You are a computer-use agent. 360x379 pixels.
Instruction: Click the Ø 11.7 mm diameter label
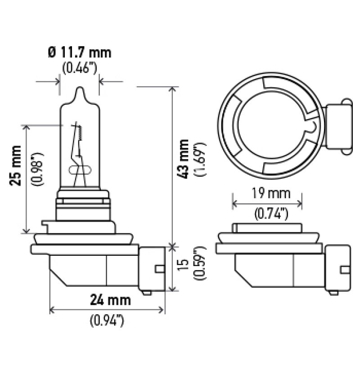tap(79, 53)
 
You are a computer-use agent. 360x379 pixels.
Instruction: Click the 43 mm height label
tap(184, 160)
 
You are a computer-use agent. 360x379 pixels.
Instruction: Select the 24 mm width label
tap(110, 300)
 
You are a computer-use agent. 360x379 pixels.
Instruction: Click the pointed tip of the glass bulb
tap(80, 89)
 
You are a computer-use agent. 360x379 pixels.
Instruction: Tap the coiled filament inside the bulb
tap(79, 133)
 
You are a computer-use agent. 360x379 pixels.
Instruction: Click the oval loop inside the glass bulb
tap(80, 170)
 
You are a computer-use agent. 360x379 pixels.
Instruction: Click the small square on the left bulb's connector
tap(158, 269)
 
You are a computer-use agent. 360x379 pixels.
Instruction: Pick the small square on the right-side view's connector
tap(345, 270)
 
